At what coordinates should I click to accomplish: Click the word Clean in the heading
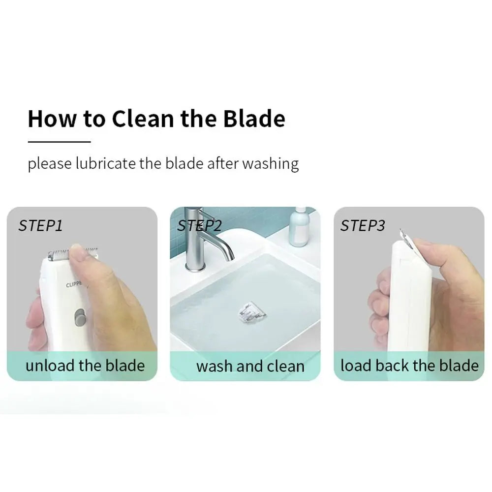click(142, 119)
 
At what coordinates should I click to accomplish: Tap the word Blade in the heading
click(254, 119)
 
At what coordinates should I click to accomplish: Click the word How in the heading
click(52, 119)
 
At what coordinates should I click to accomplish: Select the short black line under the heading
click(59, 142)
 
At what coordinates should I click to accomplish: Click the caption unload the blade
click(85, 366)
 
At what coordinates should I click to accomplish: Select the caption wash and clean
click(250, 367)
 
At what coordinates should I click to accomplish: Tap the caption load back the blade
click(409, 366)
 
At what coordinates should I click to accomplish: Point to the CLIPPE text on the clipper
click(74, 285)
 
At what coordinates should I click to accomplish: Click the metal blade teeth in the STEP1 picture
click(58, 255)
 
